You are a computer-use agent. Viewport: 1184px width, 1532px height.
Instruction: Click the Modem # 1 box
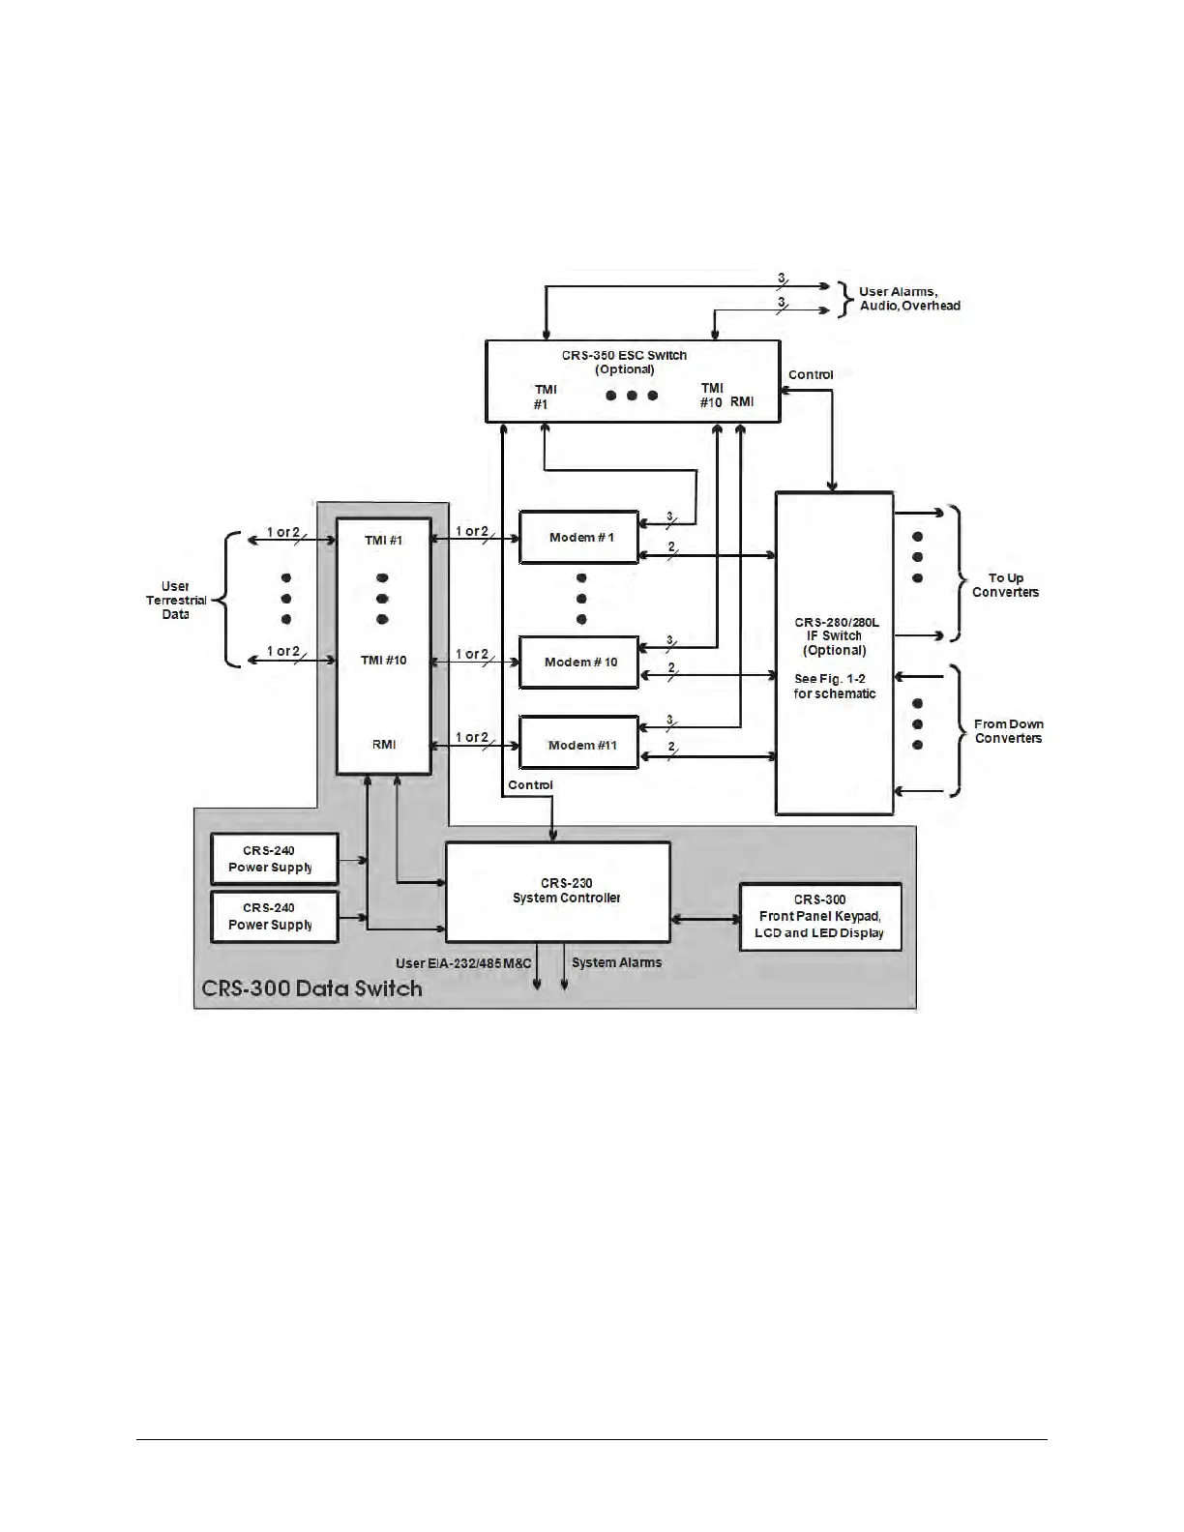coord(579,538)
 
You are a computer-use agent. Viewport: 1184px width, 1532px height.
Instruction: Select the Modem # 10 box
coord(579,663)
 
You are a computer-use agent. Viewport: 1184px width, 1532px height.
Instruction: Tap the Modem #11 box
coord(579,745)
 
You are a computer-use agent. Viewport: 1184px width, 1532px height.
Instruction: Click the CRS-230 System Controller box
coord(557,892)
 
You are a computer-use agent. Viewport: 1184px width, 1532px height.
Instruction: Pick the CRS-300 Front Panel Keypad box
coord(820,916)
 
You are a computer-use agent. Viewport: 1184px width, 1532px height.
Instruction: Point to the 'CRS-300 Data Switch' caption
coord(311,988)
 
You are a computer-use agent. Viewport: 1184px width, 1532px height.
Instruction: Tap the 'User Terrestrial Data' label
coord(176,600)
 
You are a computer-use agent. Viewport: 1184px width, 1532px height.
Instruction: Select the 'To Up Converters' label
coord(1005,585)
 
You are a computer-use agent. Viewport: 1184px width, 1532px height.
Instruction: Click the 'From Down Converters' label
coord(1008,731)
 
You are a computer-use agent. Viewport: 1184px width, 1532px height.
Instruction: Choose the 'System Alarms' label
coord(617,962)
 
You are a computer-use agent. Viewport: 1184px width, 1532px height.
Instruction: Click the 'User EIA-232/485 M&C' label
coord(463,963)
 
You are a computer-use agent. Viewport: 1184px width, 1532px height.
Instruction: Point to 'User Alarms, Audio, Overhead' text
coord(909,299)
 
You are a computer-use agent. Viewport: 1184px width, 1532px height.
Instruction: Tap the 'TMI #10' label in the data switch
coord(384,661)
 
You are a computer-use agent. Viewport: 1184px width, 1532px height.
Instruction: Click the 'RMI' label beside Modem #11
coord(384,745)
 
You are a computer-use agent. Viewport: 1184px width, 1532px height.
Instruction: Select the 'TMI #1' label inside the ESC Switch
coord(545,397)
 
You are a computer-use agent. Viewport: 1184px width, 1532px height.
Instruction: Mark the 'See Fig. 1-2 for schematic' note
coord(835,687)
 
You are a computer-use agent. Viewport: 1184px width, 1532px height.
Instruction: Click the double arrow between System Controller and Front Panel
coord(704,918)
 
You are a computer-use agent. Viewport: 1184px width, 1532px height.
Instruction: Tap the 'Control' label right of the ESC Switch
coord(811,375)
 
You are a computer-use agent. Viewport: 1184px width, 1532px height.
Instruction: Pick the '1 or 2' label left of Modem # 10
coord(472,655)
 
